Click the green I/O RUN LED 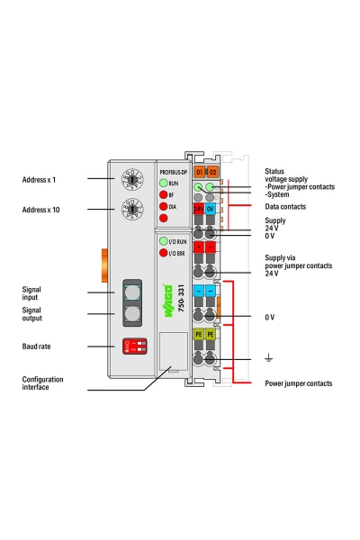click(163, 242)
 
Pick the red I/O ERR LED click(163, 254)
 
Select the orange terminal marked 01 click(200, 171)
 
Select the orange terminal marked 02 click(212, 171)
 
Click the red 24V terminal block click(199, 208)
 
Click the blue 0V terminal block click(211, 208)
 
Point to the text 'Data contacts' click(285, 206)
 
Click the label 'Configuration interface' click(42, 383)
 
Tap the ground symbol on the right click(268, 358)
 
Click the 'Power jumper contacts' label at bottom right click(298, 383)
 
